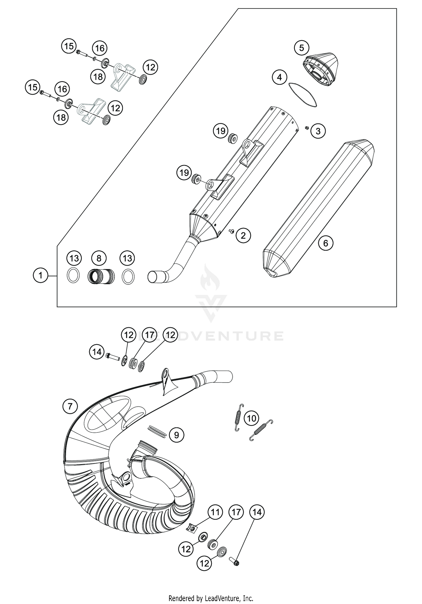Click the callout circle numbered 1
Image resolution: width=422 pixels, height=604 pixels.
coord(41,275)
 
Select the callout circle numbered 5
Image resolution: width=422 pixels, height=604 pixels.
coord(301,48)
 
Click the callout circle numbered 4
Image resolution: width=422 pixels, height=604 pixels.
coord(279,77)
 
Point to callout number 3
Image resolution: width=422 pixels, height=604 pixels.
coord(318,131)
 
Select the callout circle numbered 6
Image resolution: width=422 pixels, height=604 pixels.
coord(326,243)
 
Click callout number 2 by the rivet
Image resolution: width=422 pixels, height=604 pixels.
coord(243,235)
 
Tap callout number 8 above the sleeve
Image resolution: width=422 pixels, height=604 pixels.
coord(99,258)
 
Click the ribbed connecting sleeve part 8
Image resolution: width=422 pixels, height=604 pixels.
coord(101,277)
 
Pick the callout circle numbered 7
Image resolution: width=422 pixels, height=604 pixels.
coord(70,406)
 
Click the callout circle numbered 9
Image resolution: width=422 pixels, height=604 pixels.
coord(176,435)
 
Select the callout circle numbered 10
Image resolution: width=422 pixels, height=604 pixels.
coord(251,418)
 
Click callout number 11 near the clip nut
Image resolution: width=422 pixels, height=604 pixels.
coord(215,512)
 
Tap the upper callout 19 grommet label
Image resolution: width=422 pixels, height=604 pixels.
coord(221,131)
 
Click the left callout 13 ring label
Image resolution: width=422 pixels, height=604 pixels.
coord(74,258)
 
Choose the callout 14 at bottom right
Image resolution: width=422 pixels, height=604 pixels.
coord(257,512)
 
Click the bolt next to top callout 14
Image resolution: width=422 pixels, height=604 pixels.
coord(113,357)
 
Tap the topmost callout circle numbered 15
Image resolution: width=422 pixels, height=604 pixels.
coord(69,46)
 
